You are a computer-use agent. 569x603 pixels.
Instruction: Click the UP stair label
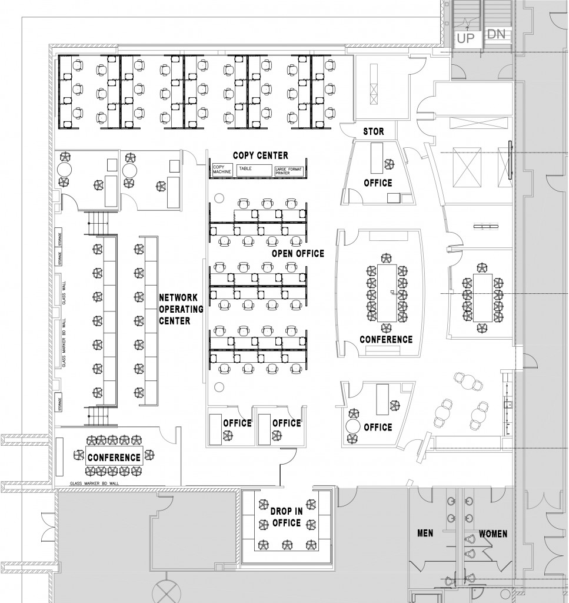pyautogui.click(x=466, y=38)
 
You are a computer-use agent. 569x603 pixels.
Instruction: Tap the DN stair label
pyautogui.click(x=496, y=35)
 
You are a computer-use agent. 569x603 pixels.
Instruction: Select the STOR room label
pyautogui.click(x=374, y=131)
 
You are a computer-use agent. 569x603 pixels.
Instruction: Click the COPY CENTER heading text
pyautogui.click(x=260, y=155)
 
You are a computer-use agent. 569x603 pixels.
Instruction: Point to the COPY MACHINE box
pyautogui.click(x=222, y=170)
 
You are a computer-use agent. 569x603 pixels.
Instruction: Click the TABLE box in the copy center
pyautogui.click(x=254, y=170)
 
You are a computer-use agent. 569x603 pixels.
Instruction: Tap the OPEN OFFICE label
pyautogui.click(x=298, y=253)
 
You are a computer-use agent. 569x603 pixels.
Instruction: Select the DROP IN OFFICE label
pyautogui.click(x=286, y=517)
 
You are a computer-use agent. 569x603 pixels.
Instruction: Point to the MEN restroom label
pyautogui.click(x=425, y=534)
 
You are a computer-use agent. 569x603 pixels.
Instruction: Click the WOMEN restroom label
pyautogui.click(x=493, y=534)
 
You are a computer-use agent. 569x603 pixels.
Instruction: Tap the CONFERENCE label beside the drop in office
pyautogui.click(x=115, y=457)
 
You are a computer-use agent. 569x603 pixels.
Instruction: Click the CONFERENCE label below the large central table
pyautogui.click(x=386, y=339)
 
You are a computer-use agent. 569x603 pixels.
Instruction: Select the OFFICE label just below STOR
pyautogui.click(x=378, y=183)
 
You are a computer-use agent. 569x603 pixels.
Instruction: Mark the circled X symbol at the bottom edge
pyautogui.click(x=164, y=590)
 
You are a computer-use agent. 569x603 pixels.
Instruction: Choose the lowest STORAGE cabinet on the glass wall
pyautogui.click(x=60, y=403)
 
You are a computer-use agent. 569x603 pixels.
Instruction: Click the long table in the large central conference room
pyautogui.click(x=387, y=293)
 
